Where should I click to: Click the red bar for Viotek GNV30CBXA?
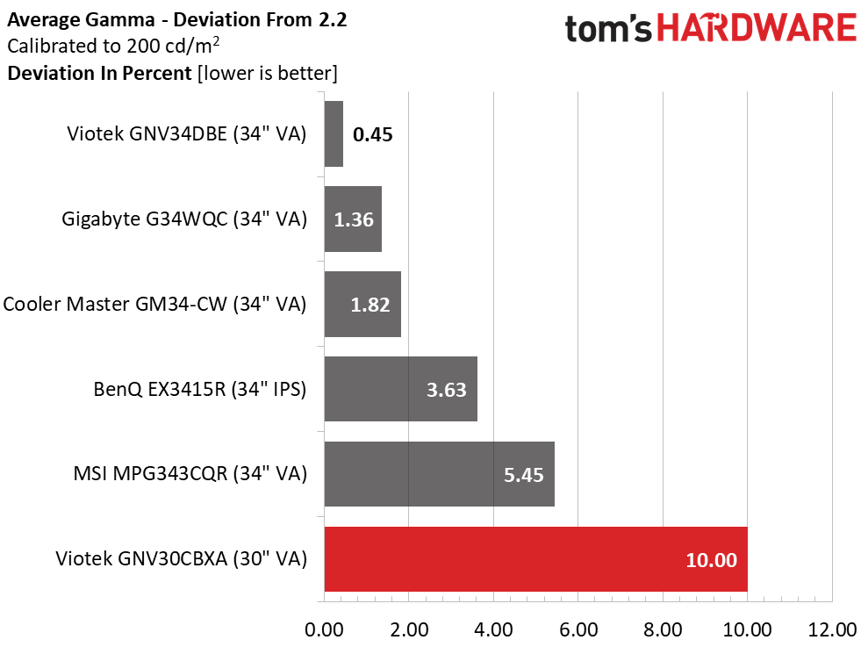[x=536, y=559]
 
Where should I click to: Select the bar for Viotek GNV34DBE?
[x=334, y=133]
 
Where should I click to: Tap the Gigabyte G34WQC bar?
[x=353, y=219]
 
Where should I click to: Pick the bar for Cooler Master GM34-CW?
[x=362, y=304]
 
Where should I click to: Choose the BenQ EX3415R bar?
[x=401, y=389]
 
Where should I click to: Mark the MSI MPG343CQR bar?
[x=440, y=474]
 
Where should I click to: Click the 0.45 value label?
[x=372, y=134]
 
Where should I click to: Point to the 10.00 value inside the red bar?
[x=712, y=560]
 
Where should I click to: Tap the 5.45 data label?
[x=524, y=475]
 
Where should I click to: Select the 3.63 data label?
[x=446, y=390]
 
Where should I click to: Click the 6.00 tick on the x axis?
[x=577, y=629]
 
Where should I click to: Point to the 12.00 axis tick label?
[x=832, y=629]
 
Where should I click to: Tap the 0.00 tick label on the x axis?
[x=325, y=629]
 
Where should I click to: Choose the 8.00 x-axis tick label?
[x=663, y=629]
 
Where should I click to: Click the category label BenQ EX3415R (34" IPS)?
[x=200, y=389]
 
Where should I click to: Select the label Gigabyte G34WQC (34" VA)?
[x=184, y=219]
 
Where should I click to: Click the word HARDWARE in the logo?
[x=757, y=28]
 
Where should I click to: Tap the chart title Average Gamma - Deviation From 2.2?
[x=177, y=20]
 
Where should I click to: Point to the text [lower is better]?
[x=268, y=73]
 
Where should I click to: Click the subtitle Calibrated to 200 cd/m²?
[x=113, y=46]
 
